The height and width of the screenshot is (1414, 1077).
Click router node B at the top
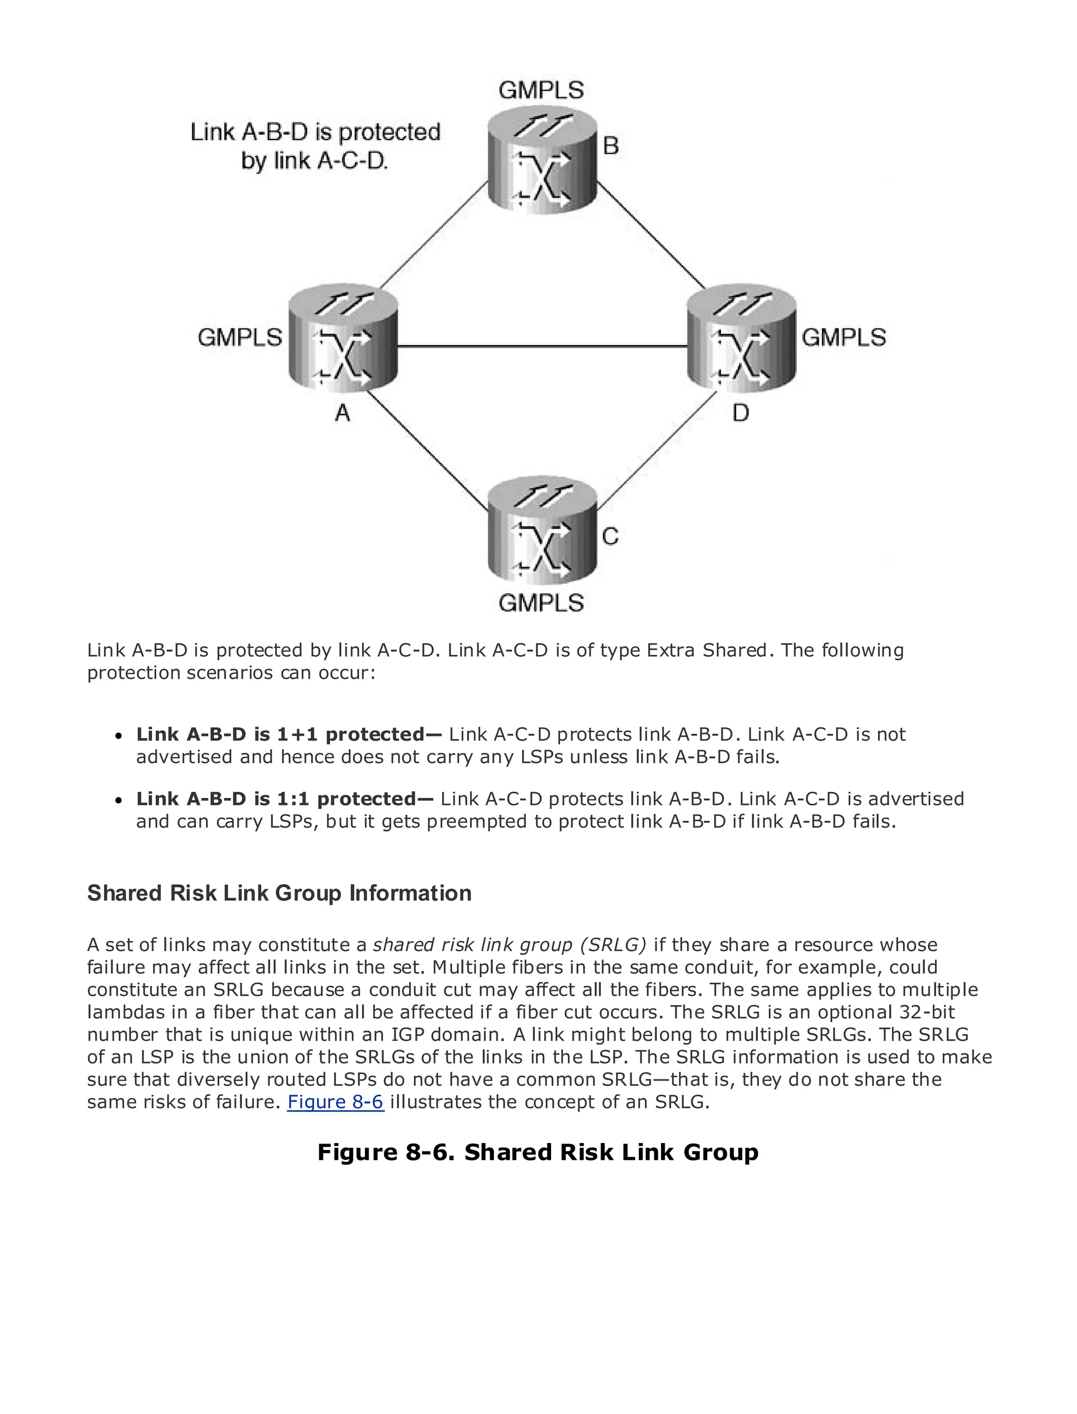click(542, 160)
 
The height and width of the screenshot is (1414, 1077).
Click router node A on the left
click(343, 340)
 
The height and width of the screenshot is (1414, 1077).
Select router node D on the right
click(741, 340)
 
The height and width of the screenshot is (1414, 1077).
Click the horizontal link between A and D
click(542, 346)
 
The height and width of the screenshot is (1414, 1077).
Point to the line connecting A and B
click(435, 235)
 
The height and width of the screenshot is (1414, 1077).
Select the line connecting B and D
click(650, 235)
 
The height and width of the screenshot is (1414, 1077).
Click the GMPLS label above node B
click(541, 90)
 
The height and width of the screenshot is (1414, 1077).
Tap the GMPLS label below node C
click(541, 603)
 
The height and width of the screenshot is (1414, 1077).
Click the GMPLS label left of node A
click(240, 337)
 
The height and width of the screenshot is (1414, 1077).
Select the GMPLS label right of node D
click(844, 337)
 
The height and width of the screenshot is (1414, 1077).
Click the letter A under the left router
click(343, 413)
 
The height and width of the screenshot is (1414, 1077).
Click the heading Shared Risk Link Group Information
click(280, 893)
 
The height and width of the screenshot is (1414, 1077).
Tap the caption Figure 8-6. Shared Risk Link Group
click(538, 1153)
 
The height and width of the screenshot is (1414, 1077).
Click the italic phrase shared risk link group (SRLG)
click(510, 945)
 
